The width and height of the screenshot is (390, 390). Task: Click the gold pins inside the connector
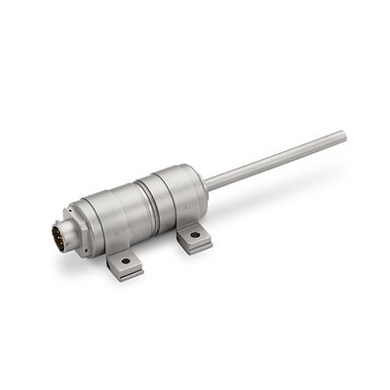[x=60, y=235]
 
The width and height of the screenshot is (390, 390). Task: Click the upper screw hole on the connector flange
[x=72, y=210]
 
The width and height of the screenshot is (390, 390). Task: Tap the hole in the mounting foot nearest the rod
[x=194, y=234]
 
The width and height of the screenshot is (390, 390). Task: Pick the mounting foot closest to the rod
[x=194, y=237]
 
